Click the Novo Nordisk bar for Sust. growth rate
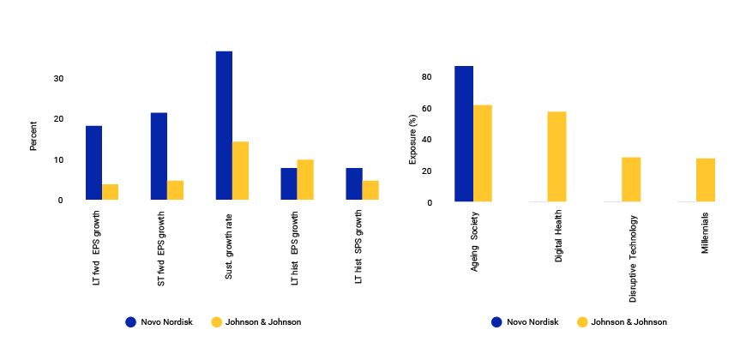pos(224,126)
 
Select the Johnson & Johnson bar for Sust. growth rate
pos(240,171)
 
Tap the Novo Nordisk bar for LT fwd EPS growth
pos(93,163)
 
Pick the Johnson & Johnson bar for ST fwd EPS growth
pos(175,190)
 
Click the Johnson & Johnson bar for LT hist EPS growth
pos(305,180)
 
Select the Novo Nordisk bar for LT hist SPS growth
pos(353,184)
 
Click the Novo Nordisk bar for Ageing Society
pos(464,134)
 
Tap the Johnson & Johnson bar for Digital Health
pos(556,157)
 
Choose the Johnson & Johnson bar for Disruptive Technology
pos(631,180)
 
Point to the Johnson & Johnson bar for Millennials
pos(706,180)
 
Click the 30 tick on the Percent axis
pos(59,79)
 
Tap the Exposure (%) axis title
pos(412,140)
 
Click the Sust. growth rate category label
pos(229,245)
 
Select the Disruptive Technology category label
pos(633,255)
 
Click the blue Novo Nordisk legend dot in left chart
pos(130,322)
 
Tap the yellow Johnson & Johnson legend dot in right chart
pos(582,322)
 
